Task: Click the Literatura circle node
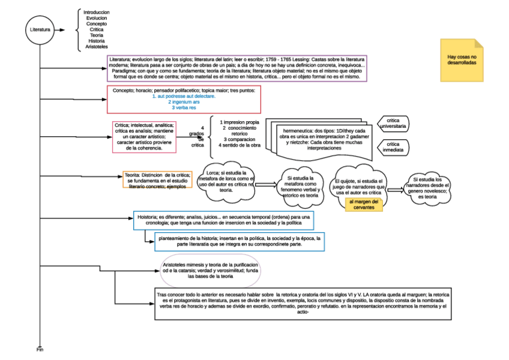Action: click(x=40, y=29)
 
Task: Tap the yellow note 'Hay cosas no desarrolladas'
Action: click(x=462, y=59)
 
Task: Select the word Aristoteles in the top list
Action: click(x=97, y=47)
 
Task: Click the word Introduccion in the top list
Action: click(x=97, y=12)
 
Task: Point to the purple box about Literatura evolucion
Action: click(x=236, y=68)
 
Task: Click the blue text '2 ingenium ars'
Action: click(x=184, y=102)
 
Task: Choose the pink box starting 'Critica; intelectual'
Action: click(x=143, y=137)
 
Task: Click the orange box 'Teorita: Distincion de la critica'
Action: click(x=157, y=180)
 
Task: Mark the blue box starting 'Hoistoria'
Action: click(x=223, y=220)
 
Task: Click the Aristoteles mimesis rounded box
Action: click(x=210, y=271)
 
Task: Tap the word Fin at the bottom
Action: click(x=40, y=349)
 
